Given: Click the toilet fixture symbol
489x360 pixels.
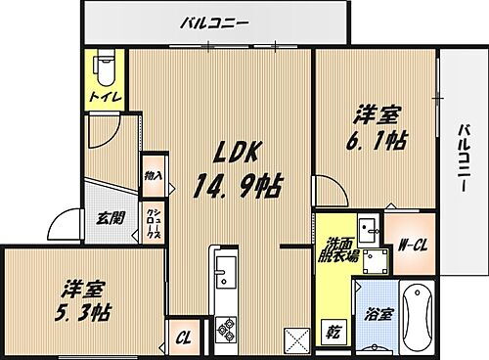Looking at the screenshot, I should tap(105, 68).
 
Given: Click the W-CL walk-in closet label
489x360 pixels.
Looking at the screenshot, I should tap(410, 245).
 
